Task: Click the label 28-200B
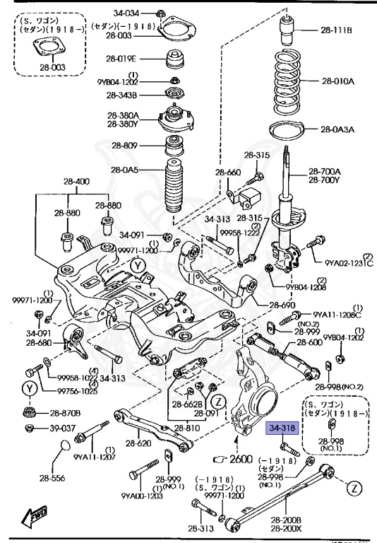[282, 520]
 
